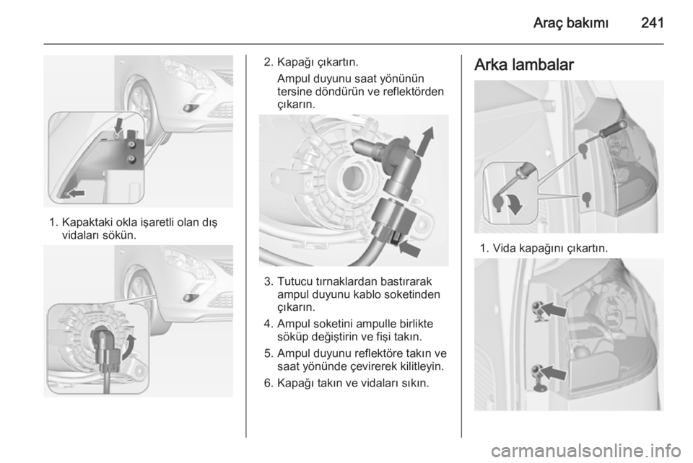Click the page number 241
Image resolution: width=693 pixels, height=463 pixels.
pos(653,22)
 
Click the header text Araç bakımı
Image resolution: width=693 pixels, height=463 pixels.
pos(570,23)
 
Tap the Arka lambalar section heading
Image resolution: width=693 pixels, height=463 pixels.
pos(524,64)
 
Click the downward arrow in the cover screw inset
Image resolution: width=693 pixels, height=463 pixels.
pos(118,125)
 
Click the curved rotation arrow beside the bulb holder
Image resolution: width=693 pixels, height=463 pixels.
pos(128,347)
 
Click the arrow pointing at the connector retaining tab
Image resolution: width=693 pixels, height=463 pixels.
pos(409,249)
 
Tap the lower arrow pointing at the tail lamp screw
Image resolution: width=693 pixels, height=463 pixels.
pos(552,372)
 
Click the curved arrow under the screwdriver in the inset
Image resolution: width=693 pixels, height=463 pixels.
pos(513,204)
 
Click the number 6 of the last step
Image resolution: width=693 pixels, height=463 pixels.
pos(267,383)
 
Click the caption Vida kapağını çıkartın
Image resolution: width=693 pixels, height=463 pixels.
pos(550,249)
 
